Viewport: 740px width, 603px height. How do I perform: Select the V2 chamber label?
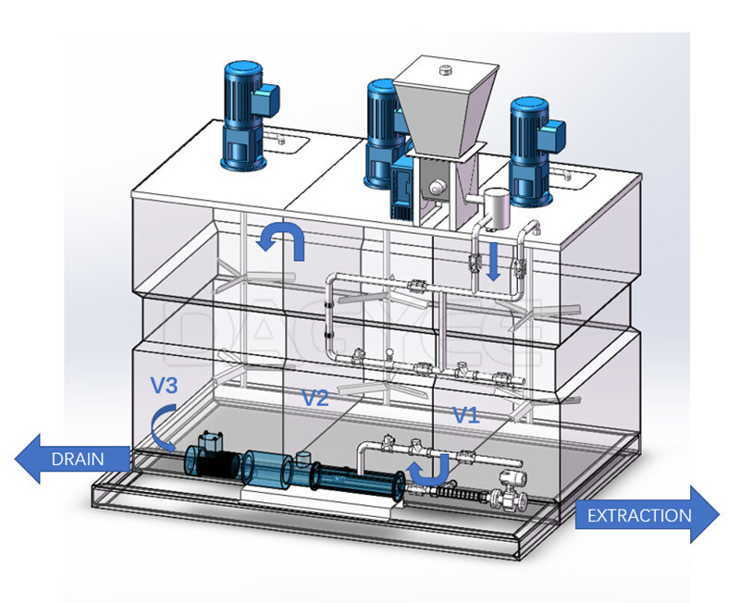[316, 399]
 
